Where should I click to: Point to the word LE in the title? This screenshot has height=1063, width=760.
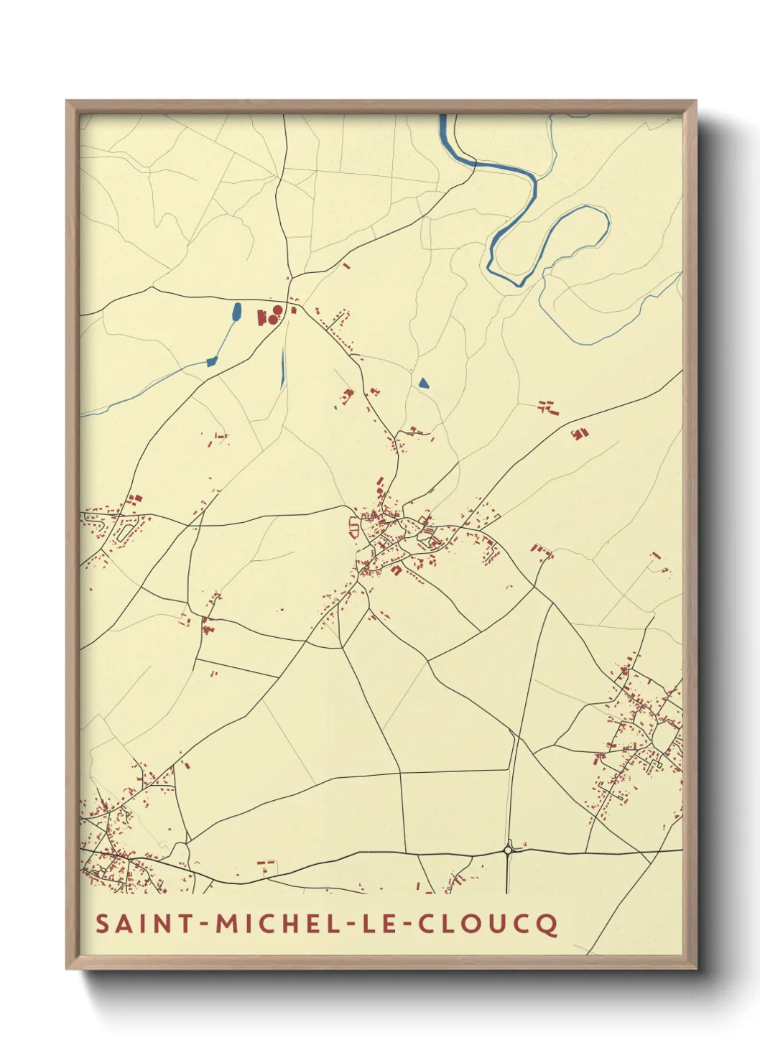click(374, 924)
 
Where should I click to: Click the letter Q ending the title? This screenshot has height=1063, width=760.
click(547, 925)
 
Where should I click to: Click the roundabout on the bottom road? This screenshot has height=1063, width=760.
click(508, 850)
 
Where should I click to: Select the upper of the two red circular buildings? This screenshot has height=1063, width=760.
click(277, 310)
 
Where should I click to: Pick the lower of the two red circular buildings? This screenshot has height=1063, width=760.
click(272, 318)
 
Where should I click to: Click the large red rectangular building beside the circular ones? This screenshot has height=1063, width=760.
click(261, 316)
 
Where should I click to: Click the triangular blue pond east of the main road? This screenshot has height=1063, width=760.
click(423, 384)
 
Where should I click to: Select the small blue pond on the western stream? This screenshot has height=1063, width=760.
click(211, 361)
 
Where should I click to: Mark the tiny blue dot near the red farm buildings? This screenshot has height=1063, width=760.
click(335, 409)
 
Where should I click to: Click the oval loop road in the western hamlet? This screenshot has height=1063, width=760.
click(124, 532)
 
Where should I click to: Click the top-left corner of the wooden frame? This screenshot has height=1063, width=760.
click(68, 102)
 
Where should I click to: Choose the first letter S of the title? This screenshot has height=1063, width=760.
click(102, 924)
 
